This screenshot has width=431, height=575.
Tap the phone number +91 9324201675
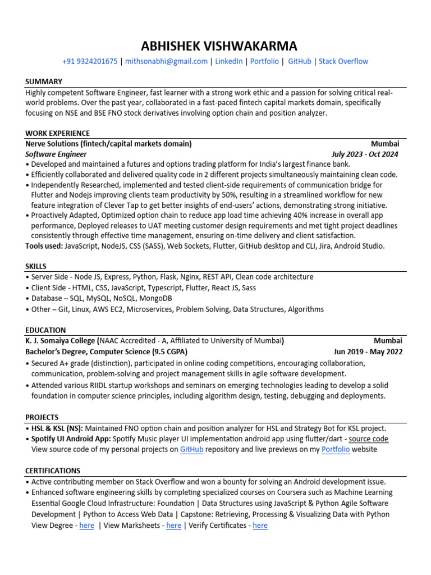[x=90, y=61]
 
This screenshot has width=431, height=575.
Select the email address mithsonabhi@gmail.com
[x=166, y=61]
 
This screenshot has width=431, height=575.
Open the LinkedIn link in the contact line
[x=229, y=61]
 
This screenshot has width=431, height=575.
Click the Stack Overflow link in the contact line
[x=343, y=61]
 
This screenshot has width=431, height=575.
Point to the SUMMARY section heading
[x=44, y=81]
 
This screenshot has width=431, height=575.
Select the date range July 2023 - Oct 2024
[x=365, y=154]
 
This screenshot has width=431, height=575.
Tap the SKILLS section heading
[x=36, y=266]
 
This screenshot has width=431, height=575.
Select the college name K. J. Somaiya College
[x=60, y=340]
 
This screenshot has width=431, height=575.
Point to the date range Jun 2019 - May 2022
[x=368, y=352]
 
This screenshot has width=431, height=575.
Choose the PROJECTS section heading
[x=42, y=417]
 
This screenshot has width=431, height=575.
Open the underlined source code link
[x=369, y=439]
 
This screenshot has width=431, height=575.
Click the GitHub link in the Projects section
[x=191, y=449]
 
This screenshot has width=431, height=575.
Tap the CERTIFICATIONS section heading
[x=53, y=471]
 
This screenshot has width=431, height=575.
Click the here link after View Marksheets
[x=173, y=525]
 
